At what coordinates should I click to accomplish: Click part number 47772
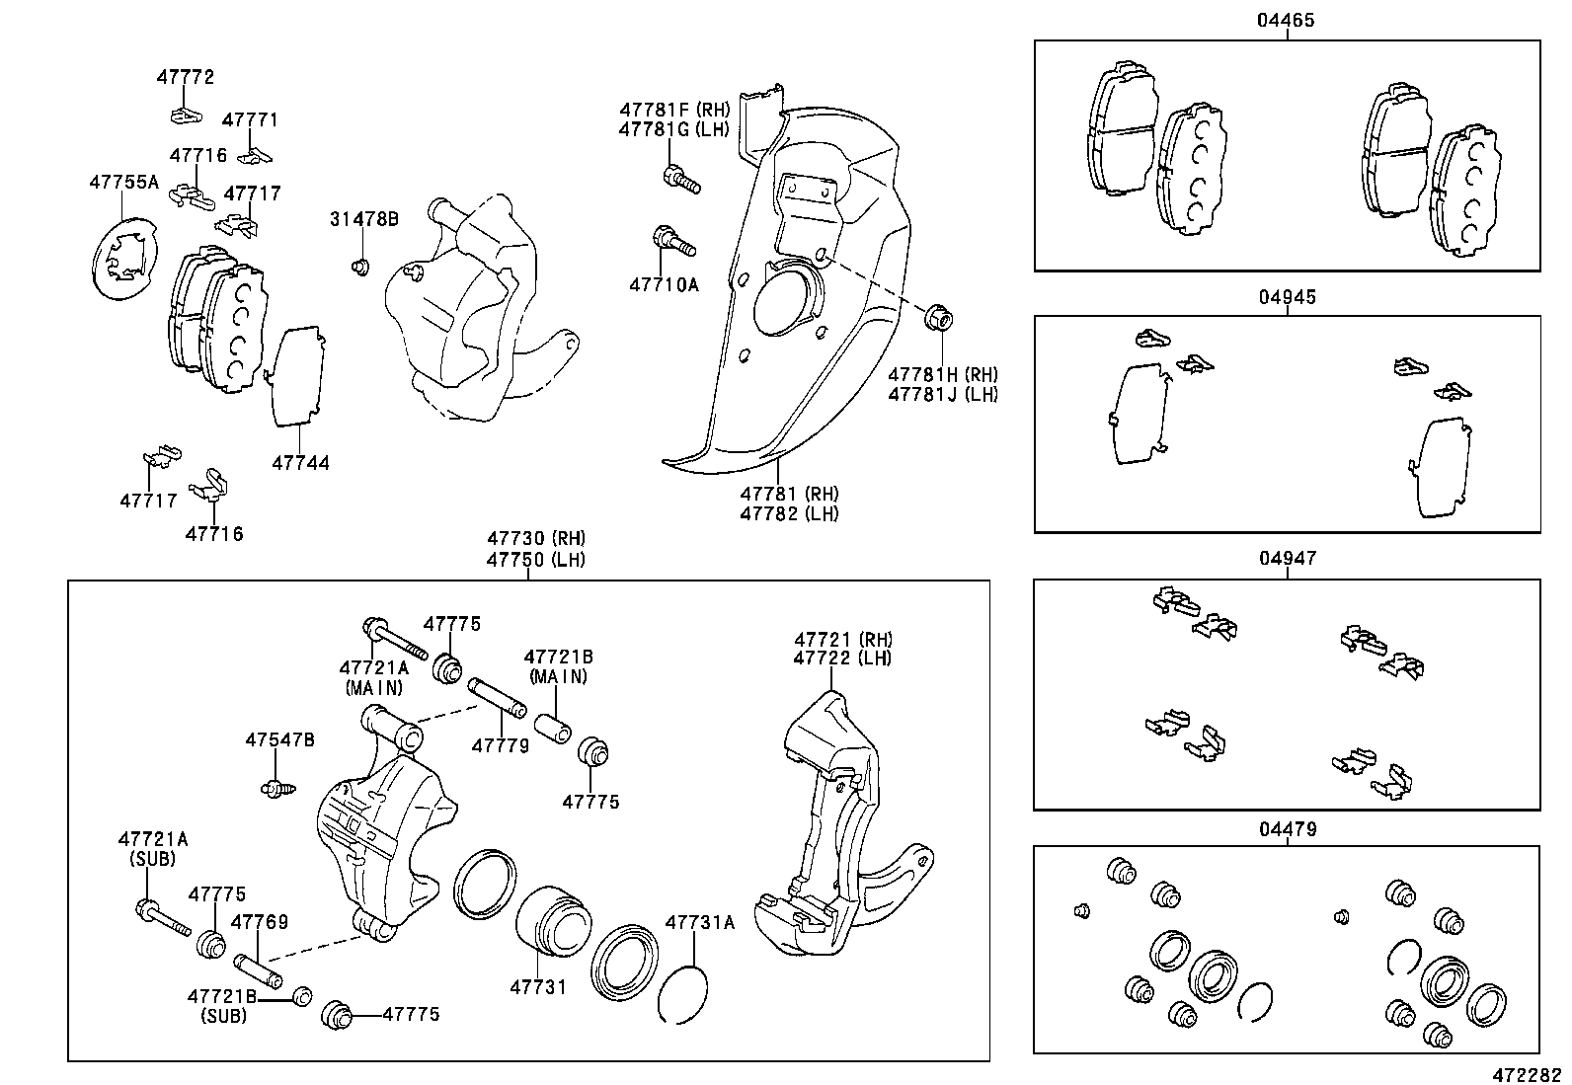pos(185,76)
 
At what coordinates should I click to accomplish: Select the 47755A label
pos(123,182)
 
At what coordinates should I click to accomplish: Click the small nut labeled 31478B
pos(360,266)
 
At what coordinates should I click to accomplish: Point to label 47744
pos(300,462)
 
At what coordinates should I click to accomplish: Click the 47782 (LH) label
pos(789,513)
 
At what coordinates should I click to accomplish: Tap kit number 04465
pos(1286,20)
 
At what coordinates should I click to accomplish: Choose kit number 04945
pos(1286,296)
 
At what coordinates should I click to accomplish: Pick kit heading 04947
pos(1286,559)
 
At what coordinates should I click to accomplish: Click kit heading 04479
pos(1286,829)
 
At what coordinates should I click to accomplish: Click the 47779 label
pos(500,745)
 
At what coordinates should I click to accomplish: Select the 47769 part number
pos(259,922)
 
